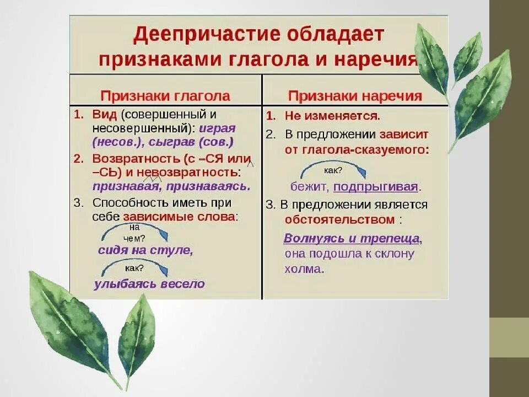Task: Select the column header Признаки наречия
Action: click(x=355, y=95)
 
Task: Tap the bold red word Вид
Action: click(x=104, y=115)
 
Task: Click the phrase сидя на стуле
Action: click(x=145, y=250)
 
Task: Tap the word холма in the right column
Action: click(x=303, y=270)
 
